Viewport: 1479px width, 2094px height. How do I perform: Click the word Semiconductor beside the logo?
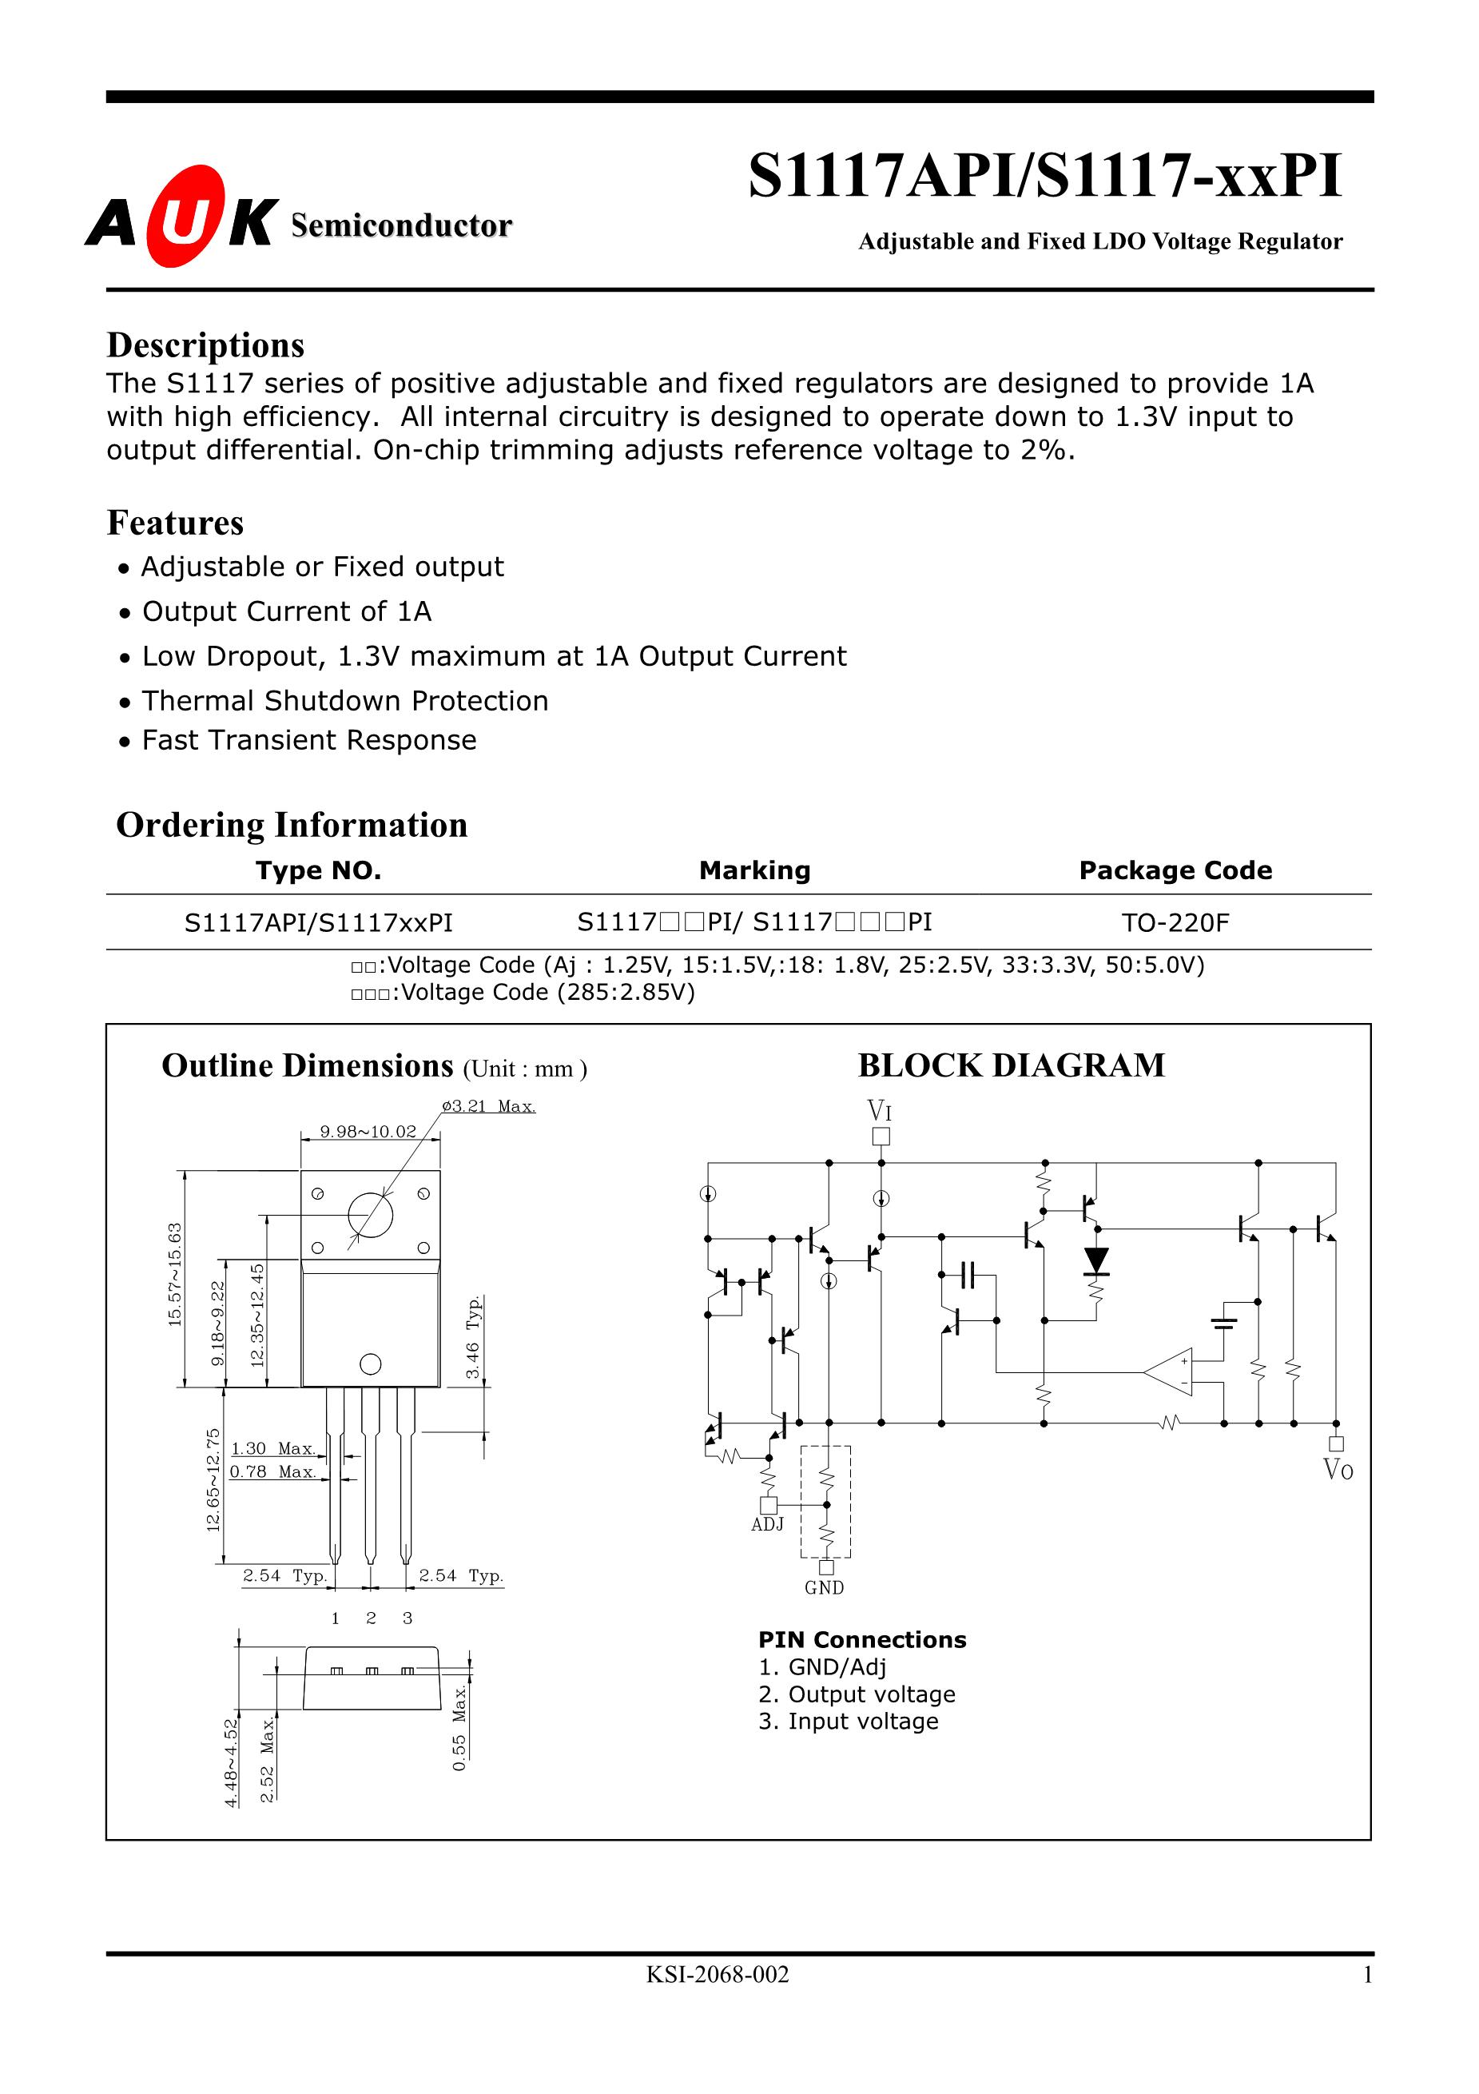pyautogui.click(x=401, y=225)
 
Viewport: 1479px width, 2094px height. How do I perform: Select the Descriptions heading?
pyautogui.click(x=205, y=345)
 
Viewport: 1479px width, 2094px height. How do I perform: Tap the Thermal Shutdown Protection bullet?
pyautogui.click(x=344, y=700)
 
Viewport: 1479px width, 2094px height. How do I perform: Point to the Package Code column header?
pyautogui.click(x=1175, y=870)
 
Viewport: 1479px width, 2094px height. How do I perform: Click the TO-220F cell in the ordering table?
pyautogui.click(x=1175, y=923)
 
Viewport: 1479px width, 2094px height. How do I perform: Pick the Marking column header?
pyautogui.click(x=754, y=870)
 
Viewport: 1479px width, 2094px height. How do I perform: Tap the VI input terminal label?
pyautogui.click(x=879, y=1111)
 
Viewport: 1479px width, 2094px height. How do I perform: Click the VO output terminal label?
pyautogui.click(x=1338, y=1469)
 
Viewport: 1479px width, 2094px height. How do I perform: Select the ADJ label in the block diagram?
pyautogui.click(x=767, y=1524)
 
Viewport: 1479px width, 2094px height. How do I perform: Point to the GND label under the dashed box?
pyautogui.click(x=825, y=1588)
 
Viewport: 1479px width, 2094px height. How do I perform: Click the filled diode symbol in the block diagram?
pyautogui.click(x=1095, y=1261)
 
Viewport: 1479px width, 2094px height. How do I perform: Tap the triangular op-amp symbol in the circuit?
pyautogui.click(x=1170, y=1371)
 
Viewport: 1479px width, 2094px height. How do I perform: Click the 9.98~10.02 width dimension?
pyautogui.click(x=368, y=1132)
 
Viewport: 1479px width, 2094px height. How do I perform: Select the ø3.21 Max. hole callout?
pyautogui.click(x=489, y=1106)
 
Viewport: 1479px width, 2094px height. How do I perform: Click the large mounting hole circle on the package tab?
pyautogui.click(x=370, y=1215)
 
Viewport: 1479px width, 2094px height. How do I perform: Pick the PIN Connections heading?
pyautogui.click(x=861, y=1639)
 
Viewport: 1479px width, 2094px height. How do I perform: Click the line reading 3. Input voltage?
pyautogui.click(x=848, y=1721)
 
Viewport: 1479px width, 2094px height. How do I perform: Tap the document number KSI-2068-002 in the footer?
pyautogui.click(x=718, y=1975)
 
